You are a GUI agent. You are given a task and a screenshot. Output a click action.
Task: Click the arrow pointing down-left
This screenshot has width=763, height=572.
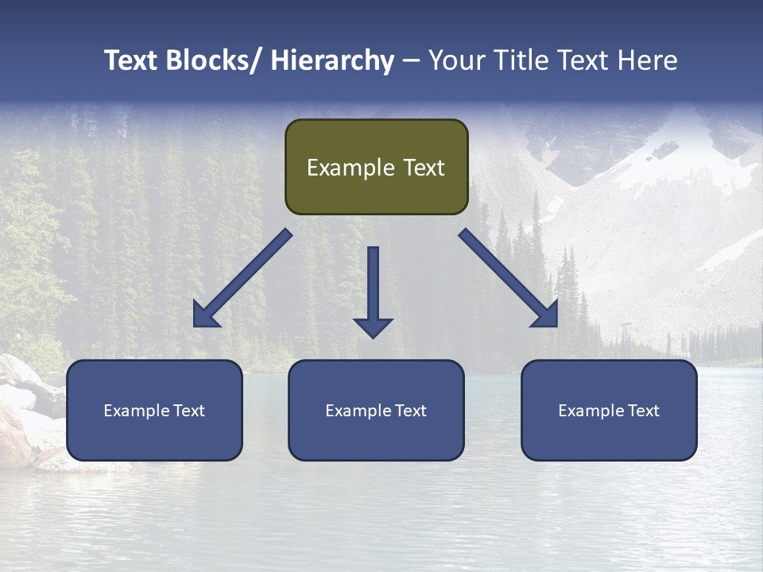tap(242, 279)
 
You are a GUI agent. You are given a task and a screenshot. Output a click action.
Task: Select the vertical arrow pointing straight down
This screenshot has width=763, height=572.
tap(373, 290)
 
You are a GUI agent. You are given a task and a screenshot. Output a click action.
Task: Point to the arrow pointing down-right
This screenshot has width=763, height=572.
tap(509, 278)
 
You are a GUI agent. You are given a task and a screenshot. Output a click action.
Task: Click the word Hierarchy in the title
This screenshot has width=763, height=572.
tap(331, 60)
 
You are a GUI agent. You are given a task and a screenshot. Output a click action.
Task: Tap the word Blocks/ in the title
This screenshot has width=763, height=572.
tap(215, 60)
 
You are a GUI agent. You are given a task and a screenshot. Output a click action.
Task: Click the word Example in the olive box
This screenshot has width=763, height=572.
tap(351, 168)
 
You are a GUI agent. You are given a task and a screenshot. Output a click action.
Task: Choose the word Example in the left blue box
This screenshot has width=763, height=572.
tap(136, 411)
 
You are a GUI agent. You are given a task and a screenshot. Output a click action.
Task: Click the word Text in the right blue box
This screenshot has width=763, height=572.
tap(642, 411)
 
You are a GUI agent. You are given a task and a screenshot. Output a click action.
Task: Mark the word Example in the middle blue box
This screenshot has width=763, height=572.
tap(358, 411)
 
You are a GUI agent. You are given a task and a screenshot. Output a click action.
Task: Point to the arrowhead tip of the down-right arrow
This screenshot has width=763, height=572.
tap(556, 325)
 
